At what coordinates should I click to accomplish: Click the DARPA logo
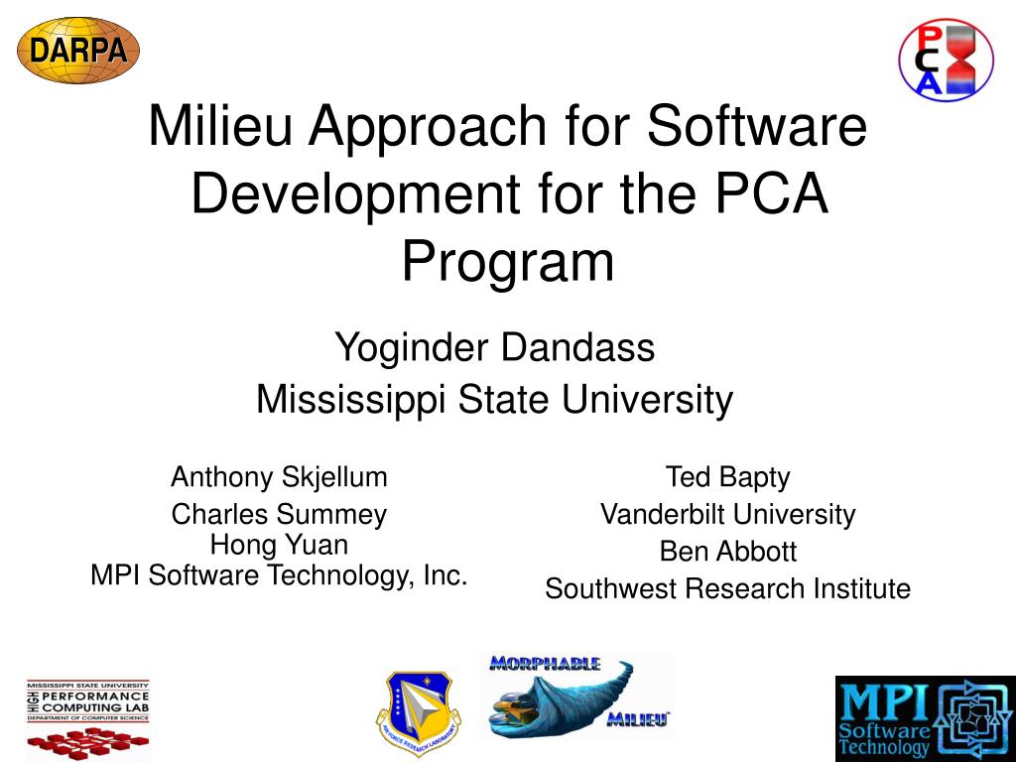[x=78, y=50]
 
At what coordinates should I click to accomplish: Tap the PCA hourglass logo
[x=945, y=59]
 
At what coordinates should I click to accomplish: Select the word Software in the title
[x=758, y=127]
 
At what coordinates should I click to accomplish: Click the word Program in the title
[x=508, y=262]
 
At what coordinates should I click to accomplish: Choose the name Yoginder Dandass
[x=494, y=348]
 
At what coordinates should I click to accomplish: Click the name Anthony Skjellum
[x=279, y=477]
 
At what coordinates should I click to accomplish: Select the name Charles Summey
[x=279, y=514]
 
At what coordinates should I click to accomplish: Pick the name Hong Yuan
[x=279, y=545]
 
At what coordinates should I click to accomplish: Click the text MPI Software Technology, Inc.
[x=279, y=574]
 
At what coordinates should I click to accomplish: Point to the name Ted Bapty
[x=727, y=477]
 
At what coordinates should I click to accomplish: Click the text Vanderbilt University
[x=727, y=514]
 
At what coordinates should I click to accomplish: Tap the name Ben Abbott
[x=727, y=551]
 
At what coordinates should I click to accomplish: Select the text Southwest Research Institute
[x=727, y=588]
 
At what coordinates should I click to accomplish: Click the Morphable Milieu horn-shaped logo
[x=575, y=697]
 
